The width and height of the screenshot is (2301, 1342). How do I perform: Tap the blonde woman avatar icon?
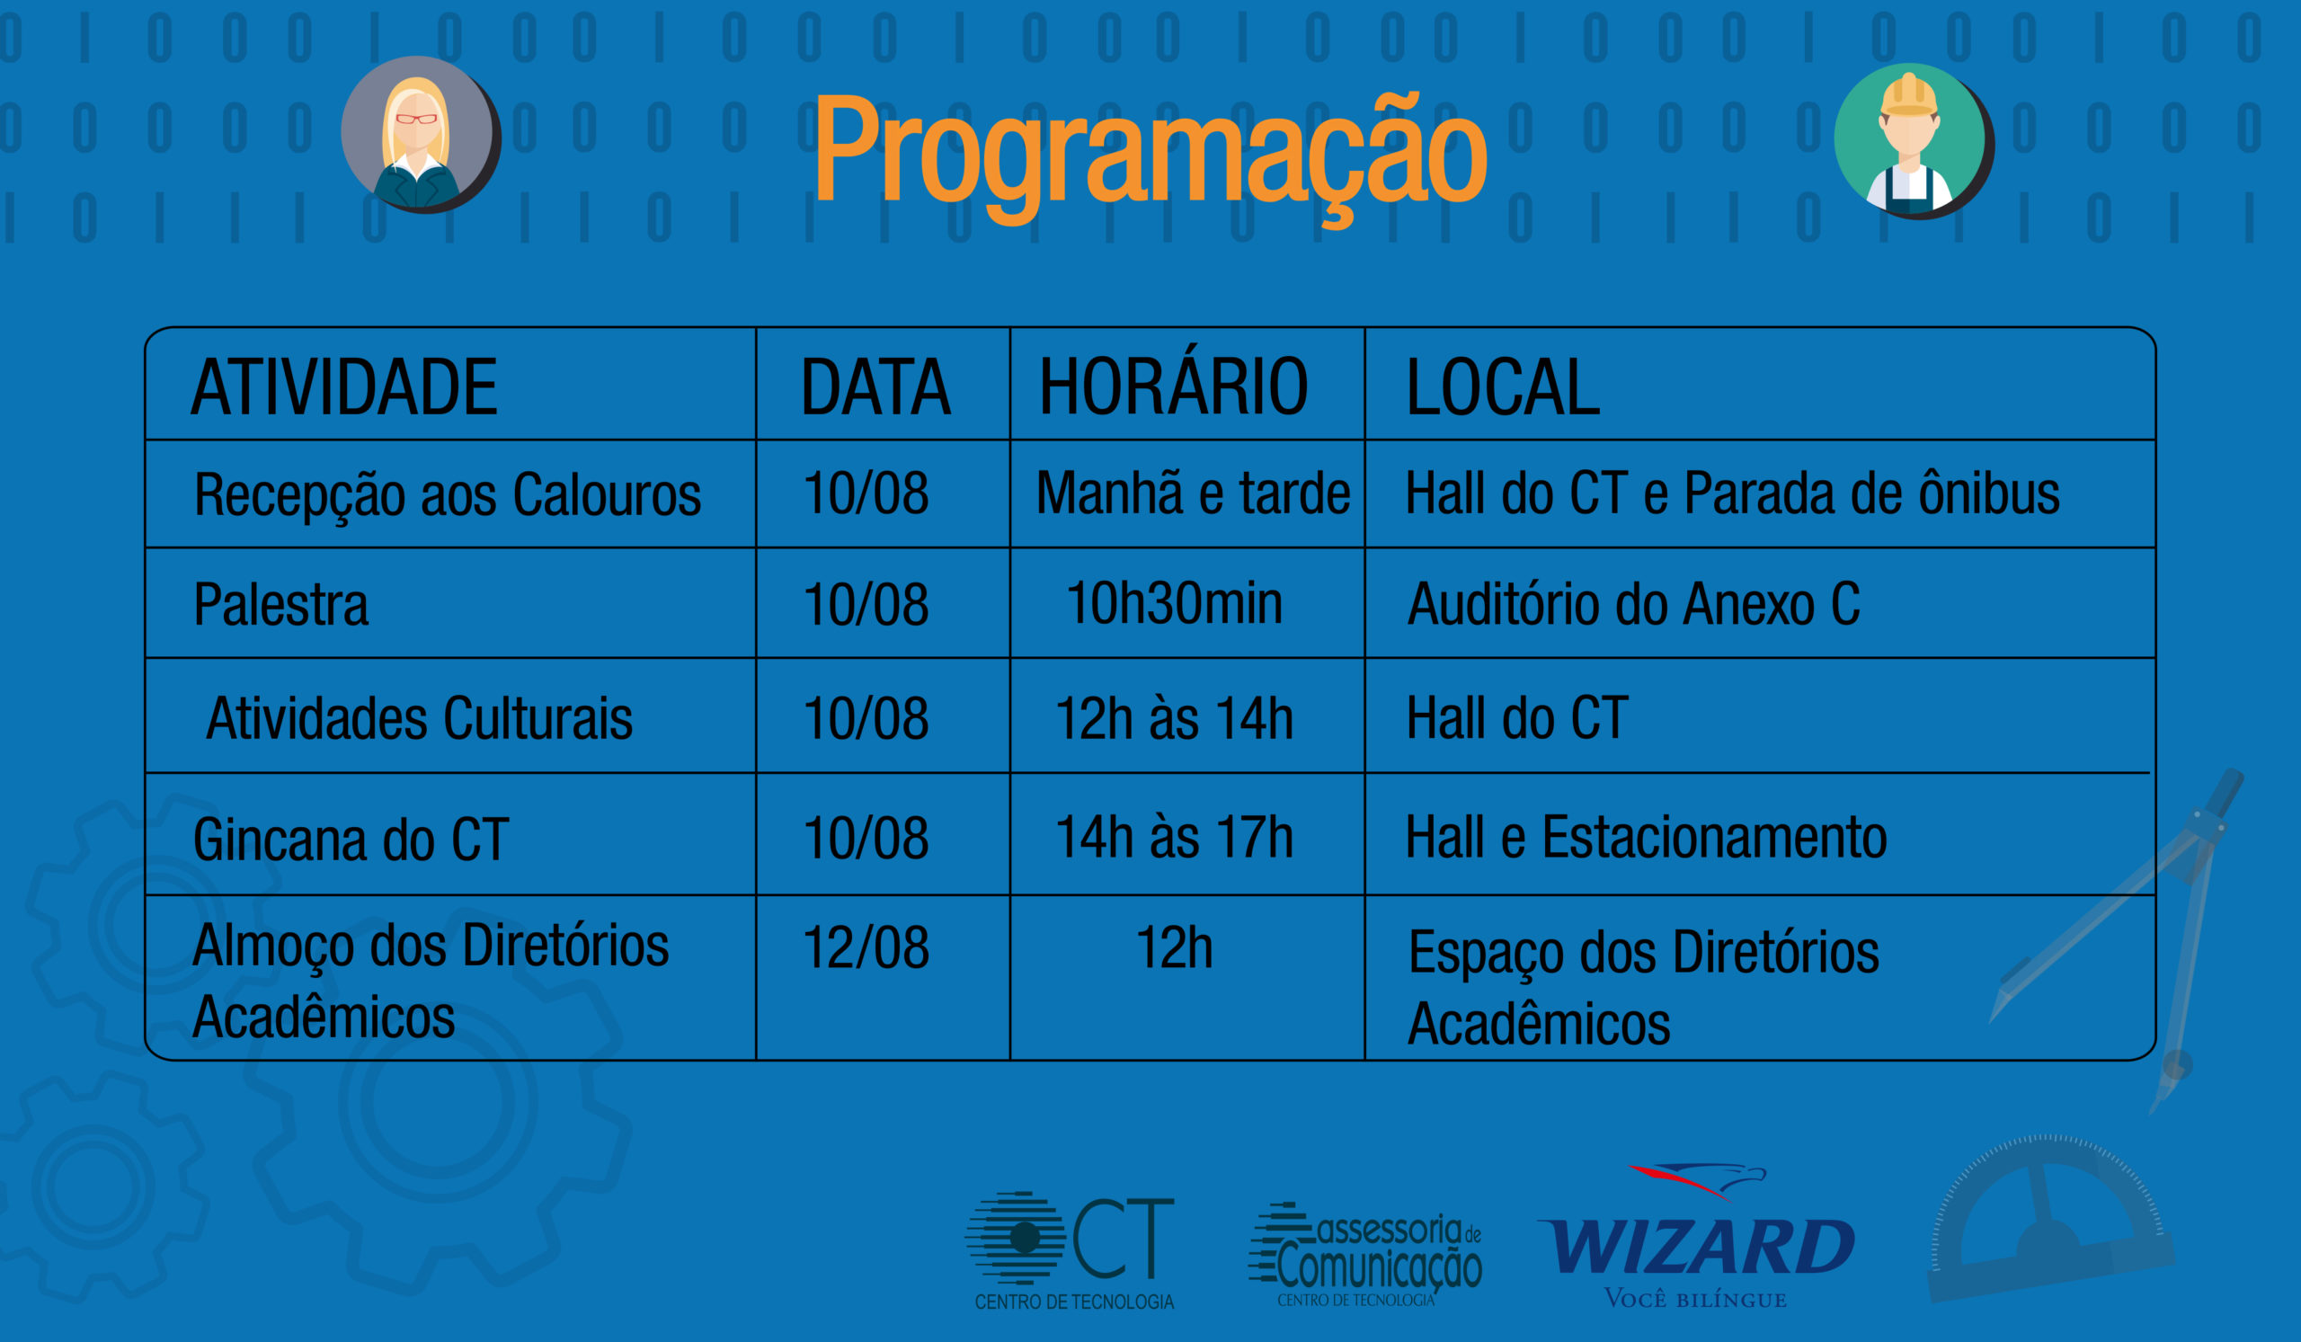(420, 135)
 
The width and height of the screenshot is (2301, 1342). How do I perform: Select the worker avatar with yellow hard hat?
(1914, 141)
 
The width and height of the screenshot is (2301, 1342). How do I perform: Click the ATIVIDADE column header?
(344, 387)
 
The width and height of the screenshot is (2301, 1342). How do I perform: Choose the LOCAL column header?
(1503, 387)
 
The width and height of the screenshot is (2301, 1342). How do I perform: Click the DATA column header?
(875, 387)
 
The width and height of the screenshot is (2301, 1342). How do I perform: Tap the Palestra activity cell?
(281, 605)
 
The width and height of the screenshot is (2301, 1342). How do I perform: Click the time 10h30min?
(1174, 603)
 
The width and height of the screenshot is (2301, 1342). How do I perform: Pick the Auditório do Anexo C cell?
(1633, 604)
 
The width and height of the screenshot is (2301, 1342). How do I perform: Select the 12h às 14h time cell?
(1174, 718)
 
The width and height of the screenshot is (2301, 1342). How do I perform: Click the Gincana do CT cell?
(351, 839)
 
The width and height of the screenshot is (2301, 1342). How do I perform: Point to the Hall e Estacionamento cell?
(1647, 837)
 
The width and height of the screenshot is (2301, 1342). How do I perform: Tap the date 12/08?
(866, 947)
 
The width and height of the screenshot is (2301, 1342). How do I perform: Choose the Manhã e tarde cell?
(1193, 493)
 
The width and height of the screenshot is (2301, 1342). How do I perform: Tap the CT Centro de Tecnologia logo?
(1071, 1250)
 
